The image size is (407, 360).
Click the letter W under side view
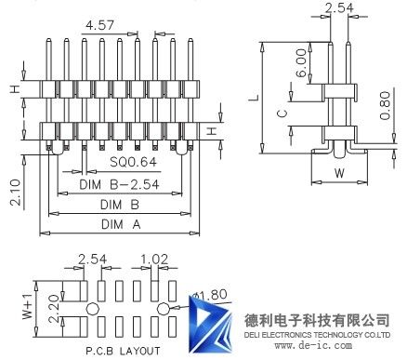pos(339,172)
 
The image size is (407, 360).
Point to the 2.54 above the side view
pos(339,8)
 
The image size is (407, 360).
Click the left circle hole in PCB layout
pos(93,308)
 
